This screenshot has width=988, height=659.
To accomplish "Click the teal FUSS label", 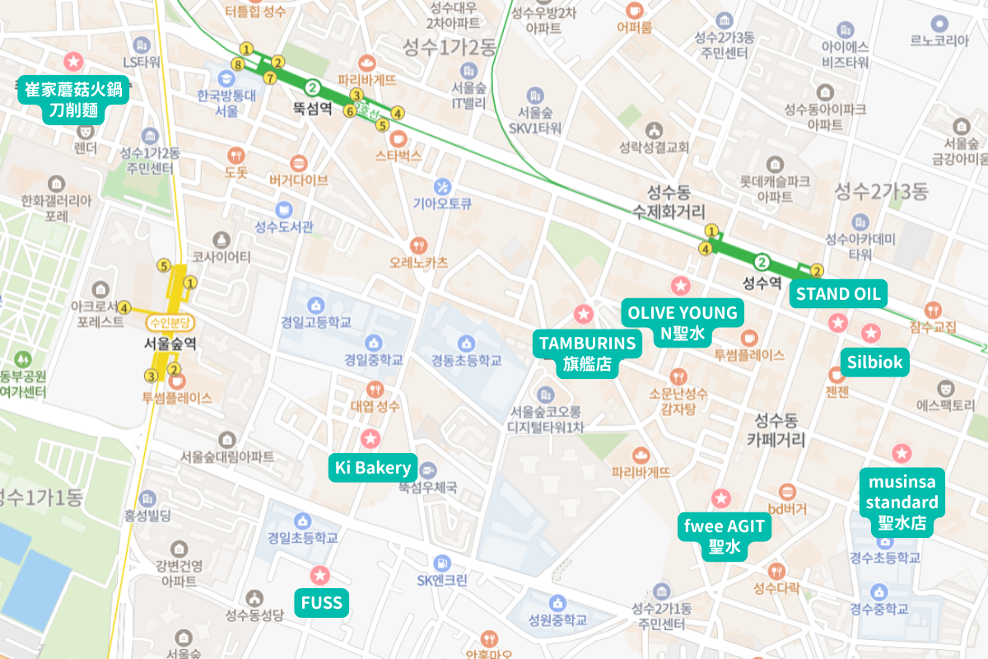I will [321, 603].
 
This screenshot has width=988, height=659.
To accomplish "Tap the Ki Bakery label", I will [373, 468].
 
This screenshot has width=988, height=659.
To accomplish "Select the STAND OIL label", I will [838, 293].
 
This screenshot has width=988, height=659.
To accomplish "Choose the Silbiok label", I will [874, 362].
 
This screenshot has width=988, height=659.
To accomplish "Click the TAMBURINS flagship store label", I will [588, 353].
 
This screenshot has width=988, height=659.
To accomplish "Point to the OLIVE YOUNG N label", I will [682, 323].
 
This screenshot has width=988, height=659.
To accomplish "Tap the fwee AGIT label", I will [724, 536].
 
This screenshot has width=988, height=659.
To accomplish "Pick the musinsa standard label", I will [902, 502].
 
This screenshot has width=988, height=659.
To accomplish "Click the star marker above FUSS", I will [320, 575].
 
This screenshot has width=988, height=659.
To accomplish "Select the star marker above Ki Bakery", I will [370, 438].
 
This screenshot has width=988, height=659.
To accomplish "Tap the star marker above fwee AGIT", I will [721, 498].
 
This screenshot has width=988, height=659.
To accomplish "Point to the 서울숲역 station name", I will [171, 344].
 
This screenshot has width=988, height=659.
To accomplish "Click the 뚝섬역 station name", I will [312, 108].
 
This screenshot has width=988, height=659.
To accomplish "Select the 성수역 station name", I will [762, 283].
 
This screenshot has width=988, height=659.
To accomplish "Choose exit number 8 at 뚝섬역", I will [238, 64].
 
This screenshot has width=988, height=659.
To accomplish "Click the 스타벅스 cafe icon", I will [398, 138].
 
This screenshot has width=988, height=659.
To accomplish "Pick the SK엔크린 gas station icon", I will [443, 563].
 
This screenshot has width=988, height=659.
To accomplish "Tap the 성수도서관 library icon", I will [284, 210].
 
